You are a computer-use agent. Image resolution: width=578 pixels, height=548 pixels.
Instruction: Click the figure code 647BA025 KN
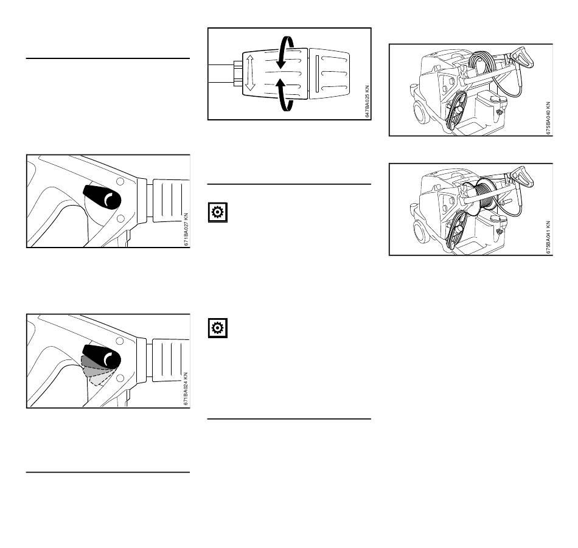tap(367, 102)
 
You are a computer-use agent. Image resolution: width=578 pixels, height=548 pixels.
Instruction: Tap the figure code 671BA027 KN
tap(186, 229)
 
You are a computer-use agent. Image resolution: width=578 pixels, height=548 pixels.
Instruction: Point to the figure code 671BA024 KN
tap(186, 389)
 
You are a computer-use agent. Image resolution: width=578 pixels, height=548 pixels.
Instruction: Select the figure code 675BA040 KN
tap(548, 118)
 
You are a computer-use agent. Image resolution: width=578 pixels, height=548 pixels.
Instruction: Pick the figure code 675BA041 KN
tap(548, 237)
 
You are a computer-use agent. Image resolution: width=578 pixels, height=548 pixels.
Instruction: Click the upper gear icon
tap(217, 212)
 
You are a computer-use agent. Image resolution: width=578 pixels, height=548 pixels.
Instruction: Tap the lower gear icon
tap(217, 328)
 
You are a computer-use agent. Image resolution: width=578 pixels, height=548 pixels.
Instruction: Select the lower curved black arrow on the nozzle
tap(285, 95)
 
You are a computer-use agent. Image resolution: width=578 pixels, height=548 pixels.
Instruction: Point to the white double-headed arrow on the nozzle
tap(250, 72)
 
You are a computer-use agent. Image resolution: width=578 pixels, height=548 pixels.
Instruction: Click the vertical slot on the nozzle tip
tap(317, 74)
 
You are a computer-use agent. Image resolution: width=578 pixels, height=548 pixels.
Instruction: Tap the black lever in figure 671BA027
tap(102, 197)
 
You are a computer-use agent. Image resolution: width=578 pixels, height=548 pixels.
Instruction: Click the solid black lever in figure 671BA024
tap(102, 356)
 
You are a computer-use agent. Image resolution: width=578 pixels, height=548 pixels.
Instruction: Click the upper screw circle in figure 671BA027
tap(120, 181)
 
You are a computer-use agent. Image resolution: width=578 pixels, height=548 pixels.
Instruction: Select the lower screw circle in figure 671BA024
tap(120, 378)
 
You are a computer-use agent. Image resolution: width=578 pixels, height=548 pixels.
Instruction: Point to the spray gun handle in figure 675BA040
tap(523, 57)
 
